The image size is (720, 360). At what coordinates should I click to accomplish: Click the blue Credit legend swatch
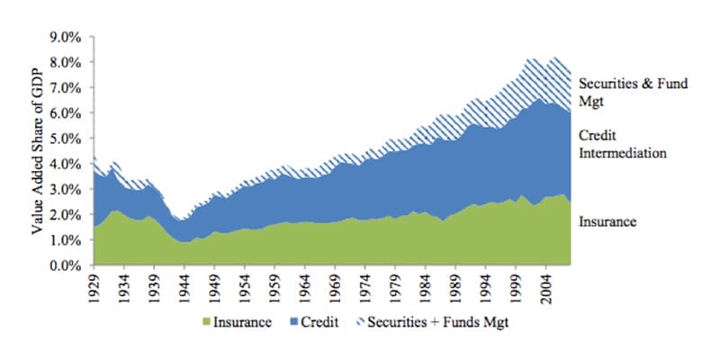(x=292, y=322)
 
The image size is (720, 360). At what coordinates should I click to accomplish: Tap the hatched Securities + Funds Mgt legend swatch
(x=360, y=322)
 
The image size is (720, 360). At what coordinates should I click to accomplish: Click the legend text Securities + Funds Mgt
(x=436, y=322)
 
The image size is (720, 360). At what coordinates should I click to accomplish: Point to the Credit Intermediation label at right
(x=622, y=144)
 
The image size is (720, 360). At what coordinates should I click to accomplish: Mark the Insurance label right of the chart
(x=607, y=220)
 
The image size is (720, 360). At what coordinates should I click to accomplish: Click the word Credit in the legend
(x=320, y=322)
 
